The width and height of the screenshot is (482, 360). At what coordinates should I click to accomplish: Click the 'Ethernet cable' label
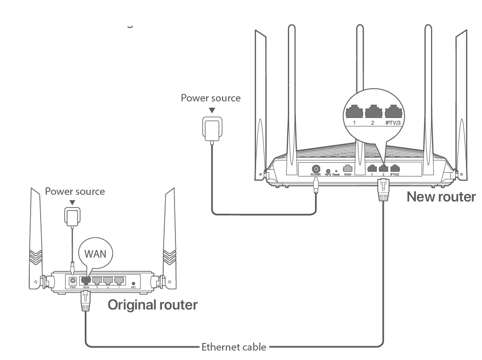coord(233,348)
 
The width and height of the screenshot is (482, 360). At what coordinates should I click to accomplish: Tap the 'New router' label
coord(441,196)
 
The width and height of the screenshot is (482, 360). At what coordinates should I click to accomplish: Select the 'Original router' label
coord(152,305)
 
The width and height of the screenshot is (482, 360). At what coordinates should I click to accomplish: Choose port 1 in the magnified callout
coord(354,112)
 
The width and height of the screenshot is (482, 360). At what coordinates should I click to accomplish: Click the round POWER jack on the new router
coord(316,168)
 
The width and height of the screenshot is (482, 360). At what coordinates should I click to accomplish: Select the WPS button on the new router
coord(328,170)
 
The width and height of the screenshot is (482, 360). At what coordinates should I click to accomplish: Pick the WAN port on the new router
coord(348,167)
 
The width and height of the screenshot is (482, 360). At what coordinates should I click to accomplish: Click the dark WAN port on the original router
coord(86,281)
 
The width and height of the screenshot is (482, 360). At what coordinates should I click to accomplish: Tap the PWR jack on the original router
coord(73,280)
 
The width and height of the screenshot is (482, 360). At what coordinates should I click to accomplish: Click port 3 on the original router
coord(97,281)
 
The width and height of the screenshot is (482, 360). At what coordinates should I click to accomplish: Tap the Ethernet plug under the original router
coord(86,300)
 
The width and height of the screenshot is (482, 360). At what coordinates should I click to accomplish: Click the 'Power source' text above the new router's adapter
coord(210,98)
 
